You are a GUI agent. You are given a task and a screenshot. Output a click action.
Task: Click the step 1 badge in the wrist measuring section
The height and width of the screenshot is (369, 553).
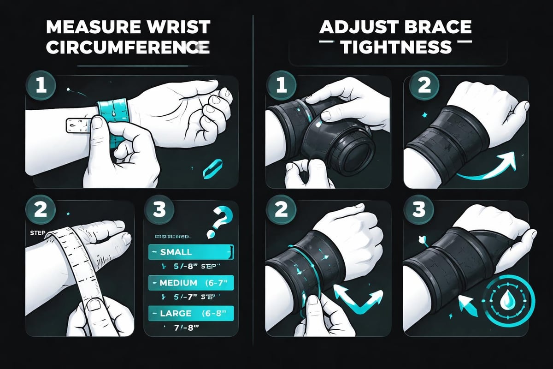click(x=41, y=86)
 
